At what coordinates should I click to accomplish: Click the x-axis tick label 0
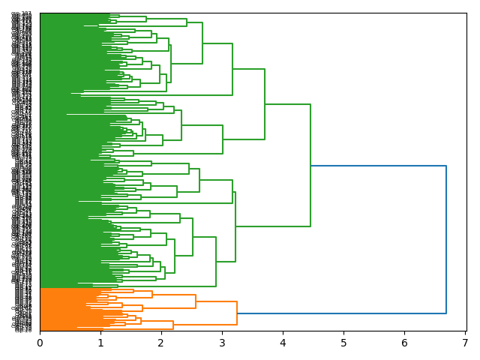click(40, 343)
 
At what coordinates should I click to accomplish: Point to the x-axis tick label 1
click(100, 343)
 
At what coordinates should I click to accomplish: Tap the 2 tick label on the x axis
click(161, 343)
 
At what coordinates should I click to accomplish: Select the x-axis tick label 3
click(222, 343)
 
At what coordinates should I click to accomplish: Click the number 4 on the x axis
click(283, 343)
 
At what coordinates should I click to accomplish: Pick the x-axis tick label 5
click(343, 343)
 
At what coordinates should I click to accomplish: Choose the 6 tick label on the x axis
click(404, 343)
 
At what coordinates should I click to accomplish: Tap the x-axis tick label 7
click(465, 343)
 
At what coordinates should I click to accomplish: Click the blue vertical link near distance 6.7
click(446, 239)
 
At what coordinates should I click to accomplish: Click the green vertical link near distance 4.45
click(310, 165)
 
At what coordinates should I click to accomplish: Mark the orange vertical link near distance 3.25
click(237, 313)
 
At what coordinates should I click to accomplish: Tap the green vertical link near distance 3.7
click(265, 104)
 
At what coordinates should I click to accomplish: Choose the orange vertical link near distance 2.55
click(196, 301)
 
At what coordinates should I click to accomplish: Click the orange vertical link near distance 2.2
click(173, 325)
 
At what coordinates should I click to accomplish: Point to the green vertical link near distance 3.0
click(223, 139)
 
